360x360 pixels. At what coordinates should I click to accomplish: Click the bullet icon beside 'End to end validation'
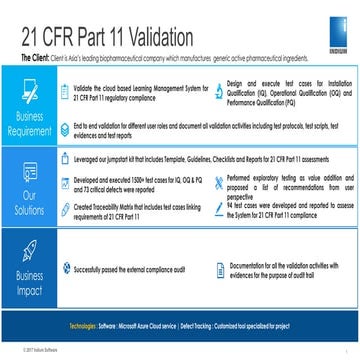[65, 126]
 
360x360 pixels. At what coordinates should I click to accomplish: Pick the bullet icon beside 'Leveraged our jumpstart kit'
[65, 158]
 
